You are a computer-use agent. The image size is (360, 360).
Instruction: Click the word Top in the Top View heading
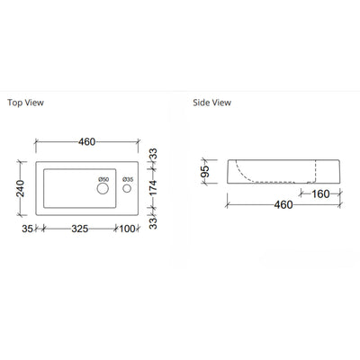point(14,103)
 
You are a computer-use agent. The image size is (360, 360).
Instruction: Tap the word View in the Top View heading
point(34,103)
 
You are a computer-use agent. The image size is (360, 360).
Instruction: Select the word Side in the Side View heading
point(202,103)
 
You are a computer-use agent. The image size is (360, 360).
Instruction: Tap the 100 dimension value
point(127,229)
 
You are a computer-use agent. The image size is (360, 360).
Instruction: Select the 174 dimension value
point(155,189)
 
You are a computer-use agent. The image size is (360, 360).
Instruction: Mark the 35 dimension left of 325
point(27,229)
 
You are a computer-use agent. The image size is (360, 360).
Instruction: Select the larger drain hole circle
point(103,190)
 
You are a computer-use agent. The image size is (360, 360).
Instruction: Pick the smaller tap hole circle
point(128,190)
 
